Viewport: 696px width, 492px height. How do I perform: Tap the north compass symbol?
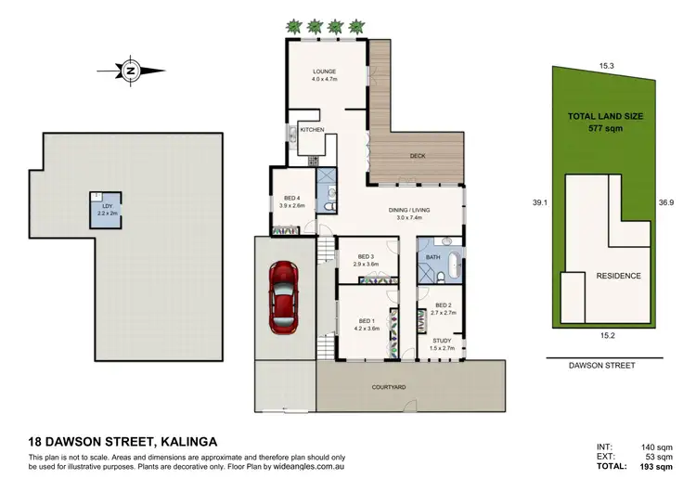[x=131, y=70]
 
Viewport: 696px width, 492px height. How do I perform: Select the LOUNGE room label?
[x=323, y=71]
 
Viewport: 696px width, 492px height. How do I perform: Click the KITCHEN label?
[x=311, y=131]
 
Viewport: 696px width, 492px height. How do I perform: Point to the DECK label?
[x=418, y=157]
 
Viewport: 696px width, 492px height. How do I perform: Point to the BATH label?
[x=433, y=256]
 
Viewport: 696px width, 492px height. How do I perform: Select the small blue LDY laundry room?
[x=102, y=206]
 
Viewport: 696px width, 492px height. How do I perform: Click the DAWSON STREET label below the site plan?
[x=602, y=367]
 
